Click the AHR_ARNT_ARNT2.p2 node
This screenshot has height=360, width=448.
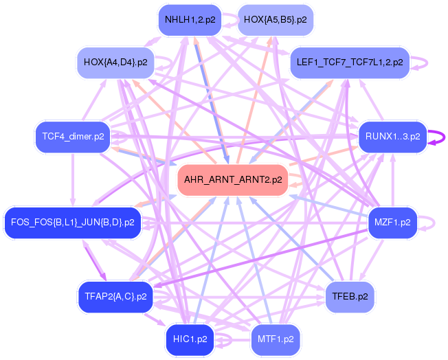(233, 180)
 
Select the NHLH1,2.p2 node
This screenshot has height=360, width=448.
(190, 20)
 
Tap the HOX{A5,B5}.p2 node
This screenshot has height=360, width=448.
(276, 20)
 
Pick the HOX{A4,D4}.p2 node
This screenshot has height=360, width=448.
(115, 63)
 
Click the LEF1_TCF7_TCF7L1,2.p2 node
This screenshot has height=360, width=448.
(350, 63)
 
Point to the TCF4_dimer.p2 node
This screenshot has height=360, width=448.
(73, 137)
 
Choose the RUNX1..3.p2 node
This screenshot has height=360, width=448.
(393, 137)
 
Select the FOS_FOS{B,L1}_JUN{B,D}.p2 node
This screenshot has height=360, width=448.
(73, 223)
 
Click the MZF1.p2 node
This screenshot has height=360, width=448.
(392, 223)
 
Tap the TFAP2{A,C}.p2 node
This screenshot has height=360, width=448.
(115, 297)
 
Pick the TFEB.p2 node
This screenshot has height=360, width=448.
(350, 297)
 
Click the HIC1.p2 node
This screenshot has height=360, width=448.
(190, 339)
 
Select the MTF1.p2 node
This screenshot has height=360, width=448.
(276, 339)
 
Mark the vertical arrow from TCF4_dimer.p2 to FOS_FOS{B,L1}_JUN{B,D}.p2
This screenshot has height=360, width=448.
(73, 180)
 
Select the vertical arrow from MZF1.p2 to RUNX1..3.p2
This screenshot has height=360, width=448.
(393, 180)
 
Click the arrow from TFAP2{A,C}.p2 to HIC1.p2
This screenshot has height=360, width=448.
(155, 319)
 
